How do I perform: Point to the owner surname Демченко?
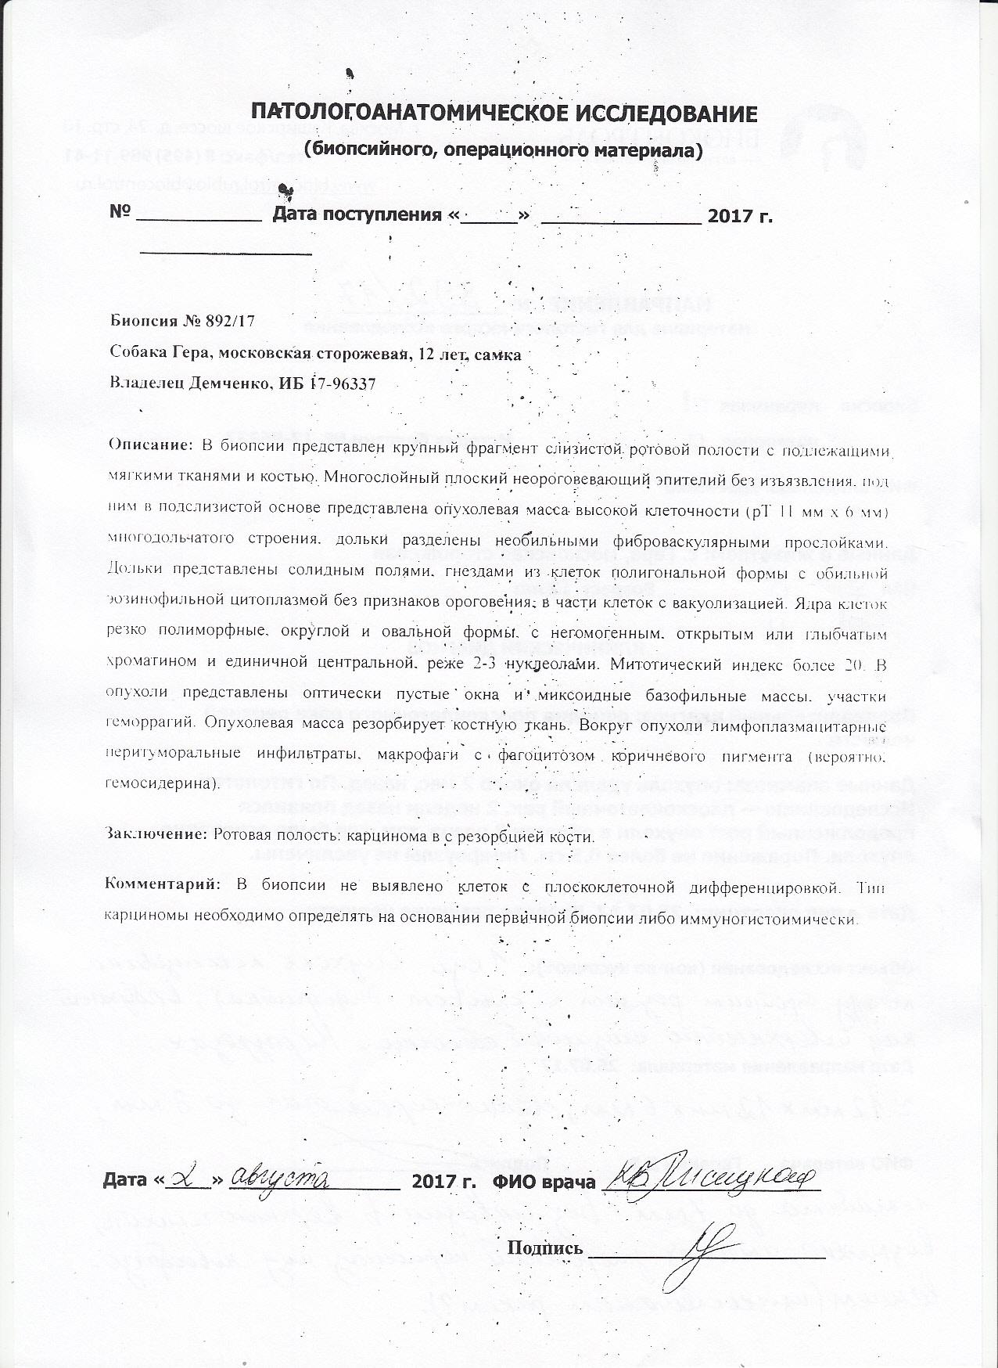[223, 383]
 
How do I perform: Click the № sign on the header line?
[119, 214]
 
